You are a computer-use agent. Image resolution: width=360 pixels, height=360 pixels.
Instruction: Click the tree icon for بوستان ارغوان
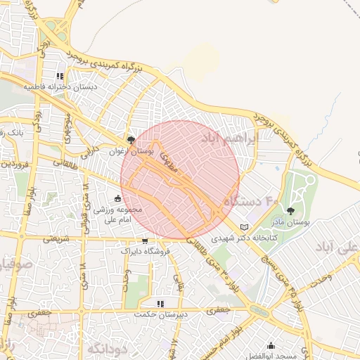tap(131, 140)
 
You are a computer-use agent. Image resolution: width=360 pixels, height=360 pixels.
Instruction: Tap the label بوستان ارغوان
tap(131, 150)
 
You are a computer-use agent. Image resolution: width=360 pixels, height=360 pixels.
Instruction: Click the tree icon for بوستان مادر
tap(291, 210)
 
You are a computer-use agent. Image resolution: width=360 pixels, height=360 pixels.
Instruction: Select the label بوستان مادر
tap(291, 221)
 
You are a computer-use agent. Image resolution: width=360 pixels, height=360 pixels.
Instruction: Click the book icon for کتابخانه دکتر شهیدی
tap(245, 227)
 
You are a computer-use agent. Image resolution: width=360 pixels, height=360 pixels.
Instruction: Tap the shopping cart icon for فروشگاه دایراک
tap(145, 240)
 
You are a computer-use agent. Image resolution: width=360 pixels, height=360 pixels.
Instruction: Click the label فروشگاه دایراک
tap(145, 250)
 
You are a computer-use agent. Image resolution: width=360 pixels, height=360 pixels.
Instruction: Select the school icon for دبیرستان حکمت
tap(161, 304)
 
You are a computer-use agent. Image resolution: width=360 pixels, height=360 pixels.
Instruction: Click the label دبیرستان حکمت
tap(161, 314)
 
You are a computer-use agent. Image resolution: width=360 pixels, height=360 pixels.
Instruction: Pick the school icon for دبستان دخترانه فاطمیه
tap(60, 76)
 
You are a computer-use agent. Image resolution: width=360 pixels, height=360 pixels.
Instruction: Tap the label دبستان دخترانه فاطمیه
tap(60, 86)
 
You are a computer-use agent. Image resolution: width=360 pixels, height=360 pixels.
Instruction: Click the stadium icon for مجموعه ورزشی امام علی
tap(117, 198)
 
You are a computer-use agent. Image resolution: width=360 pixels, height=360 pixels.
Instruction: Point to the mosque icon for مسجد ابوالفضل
tap(271, 346)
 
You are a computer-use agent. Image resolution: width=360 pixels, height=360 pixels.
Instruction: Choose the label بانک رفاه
tap(11, 131)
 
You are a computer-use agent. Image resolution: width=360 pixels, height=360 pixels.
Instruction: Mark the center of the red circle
tap(180, 180)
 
